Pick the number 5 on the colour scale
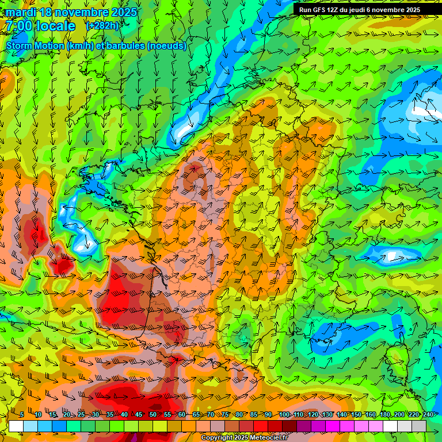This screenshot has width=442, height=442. click(21, 415)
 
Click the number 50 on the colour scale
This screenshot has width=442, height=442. click(153, 415)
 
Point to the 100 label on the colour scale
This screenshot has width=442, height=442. click(284, 415)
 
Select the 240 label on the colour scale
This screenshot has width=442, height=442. click(427, 415)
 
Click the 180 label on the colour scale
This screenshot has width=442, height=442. click(384, 415)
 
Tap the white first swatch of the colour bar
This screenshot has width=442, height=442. click(16, 426)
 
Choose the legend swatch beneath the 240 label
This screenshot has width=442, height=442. click(419, 426)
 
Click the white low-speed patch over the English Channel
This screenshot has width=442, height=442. click(183, 134)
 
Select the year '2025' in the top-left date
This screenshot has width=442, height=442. click(124, 12)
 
